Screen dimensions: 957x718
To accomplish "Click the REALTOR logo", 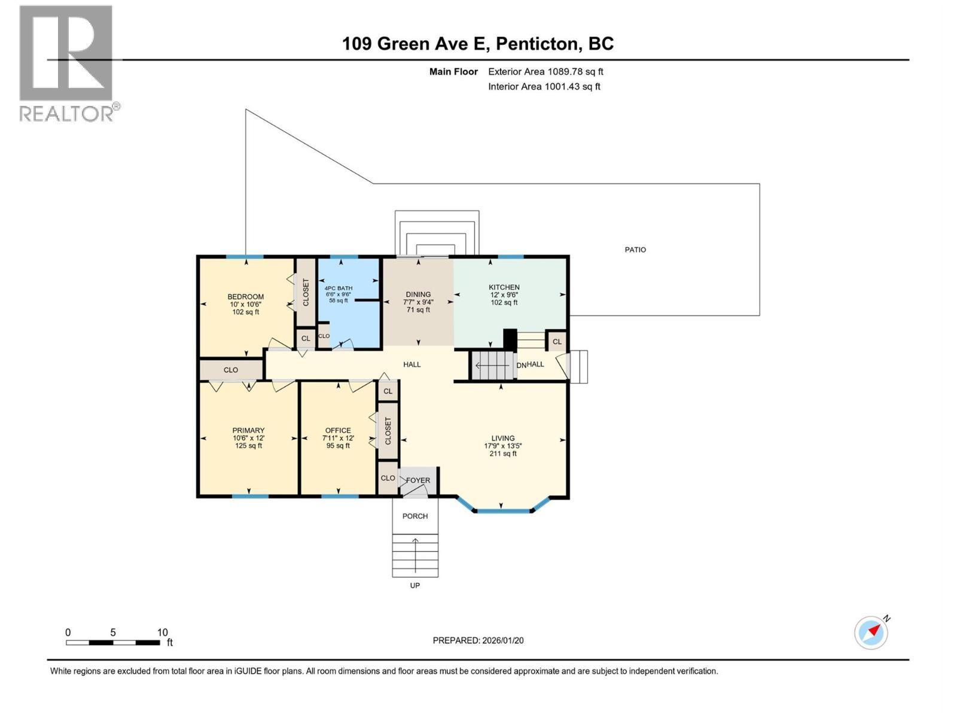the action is [70, 63].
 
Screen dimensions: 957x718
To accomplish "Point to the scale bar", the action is [113, 642].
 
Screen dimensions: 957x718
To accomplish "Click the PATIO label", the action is [635, 250].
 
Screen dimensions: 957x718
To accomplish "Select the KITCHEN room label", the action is [504, 287].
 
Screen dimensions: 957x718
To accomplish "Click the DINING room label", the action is [418, 295].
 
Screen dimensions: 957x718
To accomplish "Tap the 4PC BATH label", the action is [339, 288].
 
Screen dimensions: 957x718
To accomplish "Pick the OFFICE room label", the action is [338, 430].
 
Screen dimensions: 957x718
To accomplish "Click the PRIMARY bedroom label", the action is [248, 430].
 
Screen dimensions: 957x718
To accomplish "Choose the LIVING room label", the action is [503, 438].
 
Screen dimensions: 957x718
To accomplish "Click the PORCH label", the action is [415, 516].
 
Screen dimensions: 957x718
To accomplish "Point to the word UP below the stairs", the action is [415, 586].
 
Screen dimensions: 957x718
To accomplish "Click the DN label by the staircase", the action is [522, 366].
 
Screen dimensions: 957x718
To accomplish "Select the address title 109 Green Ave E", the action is [414, 44].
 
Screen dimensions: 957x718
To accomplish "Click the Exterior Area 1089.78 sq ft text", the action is [546, 71].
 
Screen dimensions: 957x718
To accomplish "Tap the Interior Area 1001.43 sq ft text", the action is [544, 86].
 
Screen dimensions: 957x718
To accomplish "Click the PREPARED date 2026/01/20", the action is [502, 640].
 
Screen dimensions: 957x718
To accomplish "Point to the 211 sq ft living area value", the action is [503, 454].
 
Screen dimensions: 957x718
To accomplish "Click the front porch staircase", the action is [415, 555].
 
